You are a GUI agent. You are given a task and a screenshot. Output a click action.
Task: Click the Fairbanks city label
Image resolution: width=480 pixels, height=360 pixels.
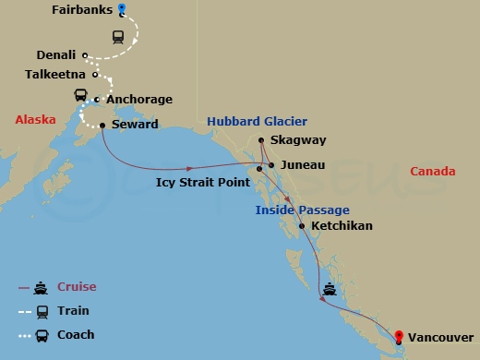(x=82, y=12)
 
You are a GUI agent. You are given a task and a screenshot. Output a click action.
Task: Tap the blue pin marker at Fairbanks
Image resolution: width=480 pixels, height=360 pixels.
(x=122, y=10)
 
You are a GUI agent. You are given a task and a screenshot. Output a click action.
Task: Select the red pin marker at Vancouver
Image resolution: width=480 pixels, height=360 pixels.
(x=399, y=338)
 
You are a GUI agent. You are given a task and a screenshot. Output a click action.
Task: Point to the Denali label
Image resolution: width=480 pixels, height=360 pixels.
(x=56, y=55)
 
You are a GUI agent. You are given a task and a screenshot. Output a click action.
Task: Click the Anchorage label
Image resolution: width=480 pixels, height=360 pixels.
(x=138, y=100)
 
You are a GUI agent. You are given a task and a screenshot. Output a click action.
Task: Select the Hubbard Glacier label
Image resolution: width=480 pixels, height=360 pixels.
(x=257, y=121)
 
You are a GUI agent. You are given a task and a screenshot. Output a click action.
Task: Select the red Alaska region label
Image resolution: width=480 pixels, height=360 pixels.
(x=35, y=120)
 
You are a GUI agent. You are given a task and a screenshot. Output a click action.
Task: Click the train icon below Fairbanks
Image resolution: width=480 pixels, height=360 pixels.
(x=118, y=38)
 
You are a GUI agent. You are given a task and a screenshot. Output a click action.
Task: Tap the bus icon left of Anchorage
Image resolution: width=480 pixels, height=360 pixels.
(x=80, y=95)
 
